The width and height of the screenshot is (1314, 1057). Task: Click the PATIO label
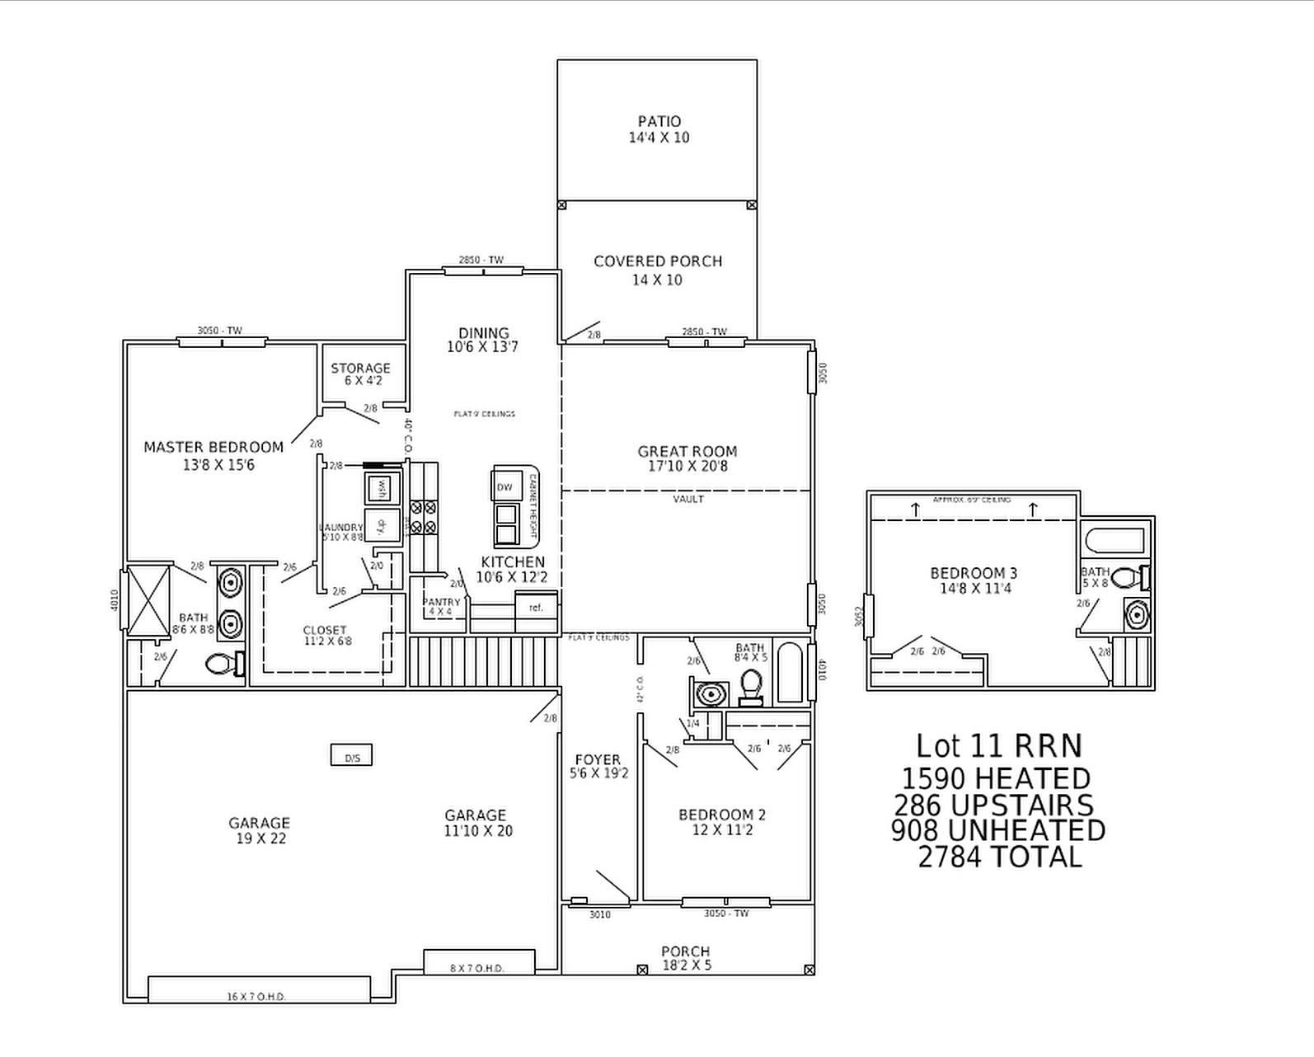pos(659,122)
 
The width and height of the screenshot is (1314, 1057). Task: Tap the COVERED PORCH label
pos(658,261)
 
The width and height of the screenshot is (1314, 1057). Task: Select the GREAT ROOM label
pos(687,451)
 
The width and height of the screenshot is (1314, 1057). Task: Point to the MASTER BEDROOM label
pos(214,447)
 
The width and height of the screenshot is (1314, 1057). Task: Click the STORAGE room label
pos(360,368)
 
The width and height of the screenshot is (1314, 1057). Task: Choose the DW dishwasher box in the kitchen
pos(504,487)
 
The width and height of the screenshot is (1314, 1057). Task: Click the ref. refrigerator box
pos(537,608)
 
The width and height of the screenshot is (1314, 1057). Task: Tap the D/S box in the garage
pos(352,755)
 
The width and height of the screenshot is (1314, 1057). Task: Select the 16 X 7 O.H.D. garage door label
pos(256,997)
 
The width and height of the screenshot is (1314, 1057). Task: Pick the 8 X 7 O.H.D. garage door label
pos(477,968)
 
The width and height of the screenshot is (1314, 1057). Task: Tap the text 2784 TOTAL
pos(999,857)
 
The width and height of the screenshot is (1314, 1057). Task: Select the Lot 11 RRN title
pos(998,745)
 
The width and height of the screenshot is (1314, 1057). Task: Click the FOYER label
pos(598,759)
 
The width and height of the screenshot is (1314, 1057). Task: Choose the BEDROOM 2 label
pos(722,815)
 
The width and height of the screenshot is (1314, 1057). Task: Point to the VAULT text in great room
pos(688,500)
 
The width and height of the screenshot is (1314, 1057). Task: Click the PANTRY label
pos(442,603)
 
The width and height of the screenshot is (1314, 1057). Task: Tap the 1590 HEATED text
pos(996,778)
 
